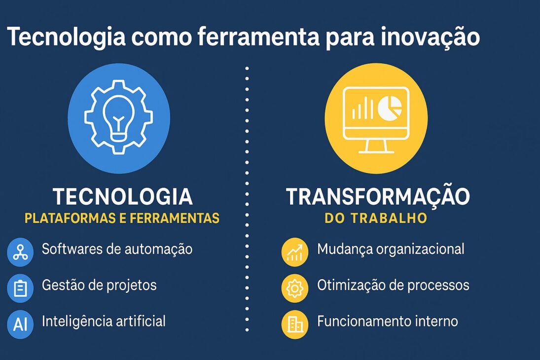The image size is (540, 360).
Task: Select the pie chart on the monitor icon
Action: point(390,108)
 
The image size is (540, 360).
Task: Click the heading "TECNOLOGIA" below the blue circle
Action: point(123,197)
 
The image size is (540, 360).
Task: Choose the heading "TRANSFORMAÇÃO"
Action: point(378,197)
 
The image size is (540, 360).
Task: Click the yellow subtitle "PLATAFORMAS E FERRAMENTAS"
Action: point(122,218)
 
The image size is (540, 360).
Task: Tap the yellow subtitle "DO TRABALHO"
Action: point(376,218)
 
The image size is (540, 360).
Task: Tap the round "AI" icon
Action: point(20,324)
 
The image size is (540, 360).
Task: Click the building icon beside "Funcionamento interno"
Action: point(295,324)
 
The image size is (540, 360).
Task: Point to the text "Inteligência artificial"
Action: point(104,322)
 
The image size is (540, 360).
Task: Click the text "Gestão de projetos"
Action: point(99,285)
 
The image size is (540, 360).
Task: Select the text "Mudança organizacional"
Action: point(391,249)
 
